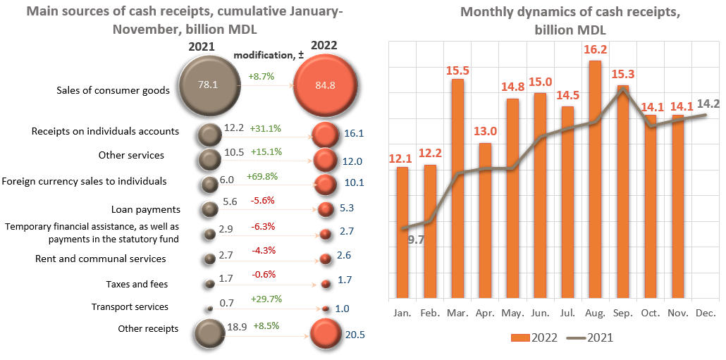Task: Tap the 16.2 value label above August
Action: (595, 50)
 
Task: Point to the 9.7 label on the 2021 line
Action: (416, 240)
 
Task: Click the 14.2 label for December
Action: (707, 104)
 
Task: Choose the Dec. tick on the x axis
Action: (706, 312)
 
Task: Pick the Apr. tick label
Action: (485, 312)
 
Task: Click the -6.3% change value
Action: (262, 227)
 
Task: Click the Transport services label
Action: (130, 307)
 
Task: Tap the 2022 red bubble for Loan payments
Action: (325, 209)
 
